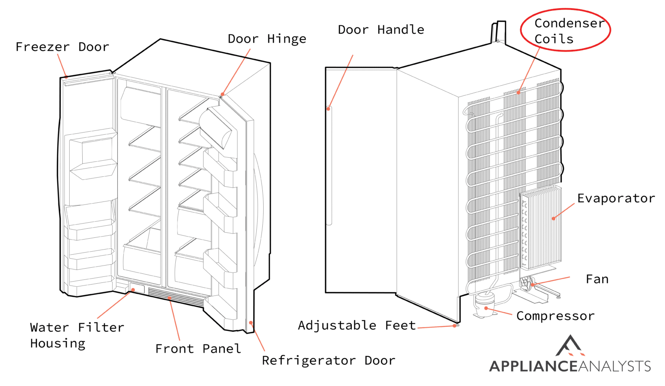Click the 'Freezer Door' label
click(62, 47)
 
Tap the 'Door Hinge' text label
click(267, 39)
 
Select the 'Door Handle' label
click(381, 30)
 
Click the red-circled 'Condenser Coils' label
click(565, 31)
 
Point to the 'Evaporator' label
click(616, 198)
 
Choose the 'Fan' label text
click(597, 279)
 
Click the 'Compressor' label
click(555, 316)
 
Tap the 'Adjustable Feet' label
click(356, 325)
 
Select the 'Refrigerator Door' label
click(328, 360)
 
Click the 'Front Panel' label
click(198, 349)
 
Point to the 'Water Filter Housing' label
click(77, 335)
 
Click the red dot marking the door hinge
click(223, 94)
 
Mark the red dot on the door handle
click(329, 109)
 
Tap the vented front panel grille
click(175, 296)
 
